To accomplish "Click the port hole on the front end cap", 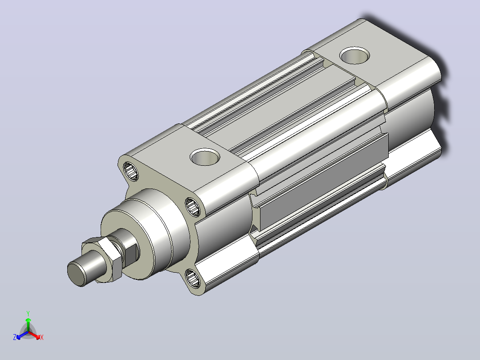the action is (205, 157).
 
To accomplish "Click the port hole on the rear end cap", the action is (354, 55).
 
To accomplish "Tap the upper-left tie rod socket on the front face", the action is (131, 171).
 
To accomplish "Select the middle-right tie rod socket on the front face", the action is (193, 207).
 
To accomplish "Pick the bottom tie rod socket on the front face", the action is (192, 278).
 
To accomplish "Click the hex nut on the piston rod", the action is (102, 258).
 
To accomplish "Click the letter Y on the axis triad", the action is (28, 313).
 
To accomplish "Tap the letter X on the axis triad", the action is (42, 337).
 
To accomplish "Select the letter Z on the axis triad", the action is (14, 337).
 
